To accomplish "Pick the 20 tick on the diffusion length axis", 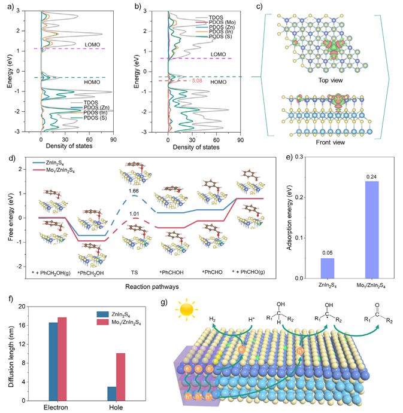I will click(23, 307).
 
